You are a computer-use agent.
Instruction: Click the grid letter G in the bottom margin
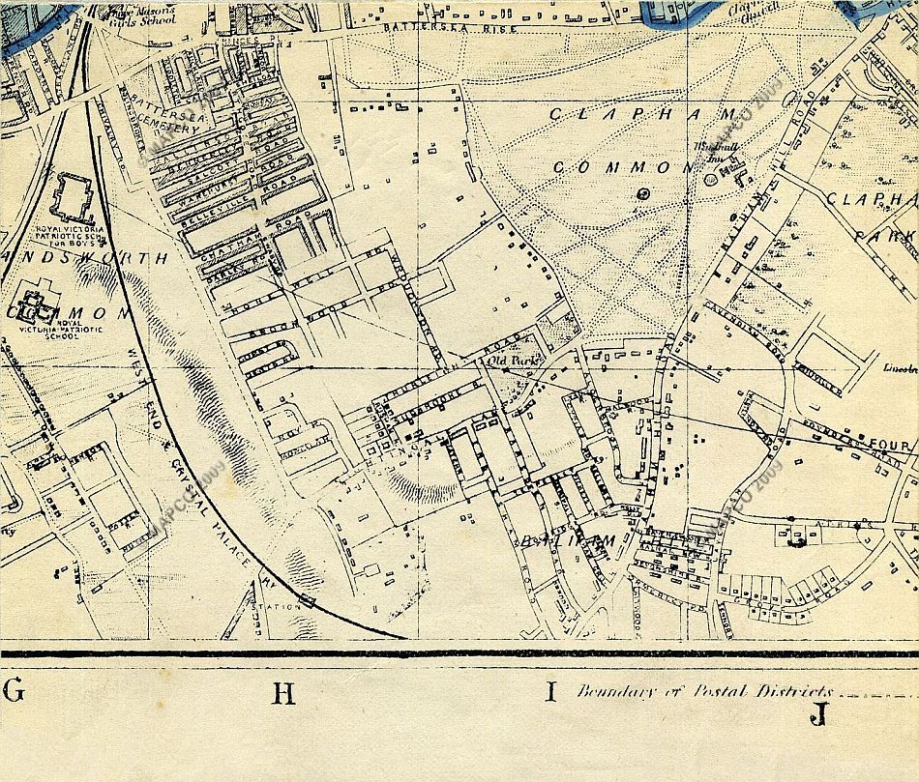tap(14, 691)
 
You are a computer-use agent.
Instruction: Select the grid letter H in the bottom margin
tap(282, 693)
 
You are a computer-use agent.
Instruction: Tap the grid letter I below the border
tap(551, 691)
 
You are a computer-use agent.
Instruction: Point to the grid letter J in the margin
tap(820, 715)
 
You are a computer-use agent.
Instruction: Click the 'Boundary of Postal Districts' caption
tap(704, 691)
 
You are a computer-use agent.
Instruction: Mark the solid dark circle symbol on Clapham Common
tap(643, 193)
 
